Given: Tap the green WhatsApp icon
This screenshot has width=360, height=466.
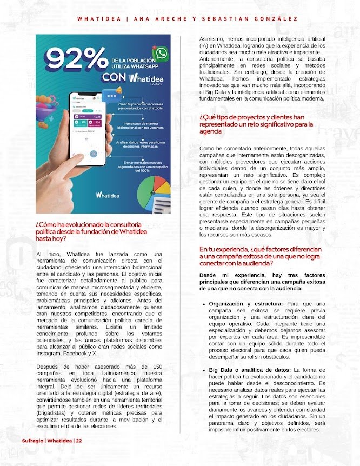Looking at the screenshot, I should pyautogui.click(x=161, y=54).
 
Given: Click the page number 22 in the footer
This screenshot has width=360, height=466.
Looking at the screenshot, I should pyautogui.click(x=79, y=440).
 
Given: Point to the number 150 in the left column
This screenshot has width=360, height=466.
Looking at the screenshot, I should pyautogui.click(x=156, y=367).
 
